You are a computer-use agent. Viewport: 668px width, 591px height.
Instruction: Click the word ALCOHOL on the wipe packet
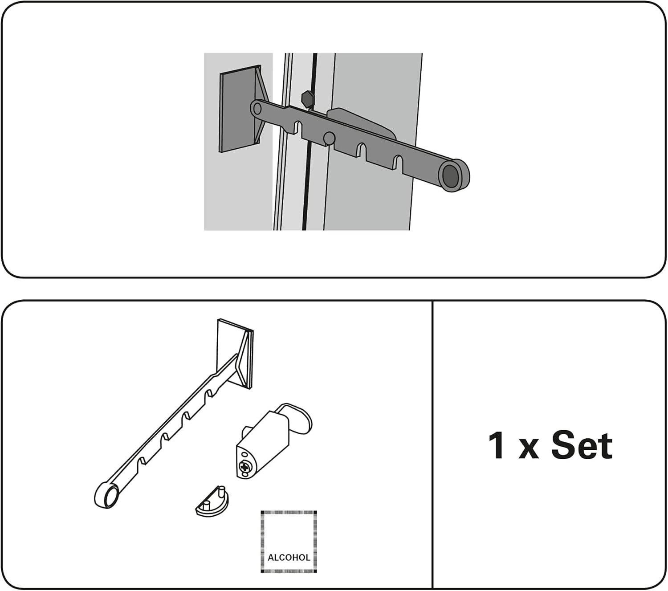(289, 557)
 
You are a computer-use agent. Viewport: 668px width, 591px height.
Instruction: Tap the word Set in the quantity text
(582, 445)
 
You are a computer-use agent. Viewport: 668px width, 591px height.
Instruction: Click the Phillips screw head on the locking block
(245, 467)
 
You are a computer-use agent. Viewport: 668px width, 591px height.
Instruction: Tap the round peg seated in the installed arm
(329, 138)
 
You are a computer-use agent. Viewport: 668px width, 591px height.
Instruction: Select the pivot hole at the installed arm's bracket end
(257, 108)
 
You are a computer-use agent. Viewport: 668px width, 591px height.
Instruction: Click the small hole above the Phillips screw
(244, 455)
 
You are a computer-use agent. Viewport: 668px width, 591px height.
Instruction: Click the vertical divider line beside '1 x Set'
(432, 445)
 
